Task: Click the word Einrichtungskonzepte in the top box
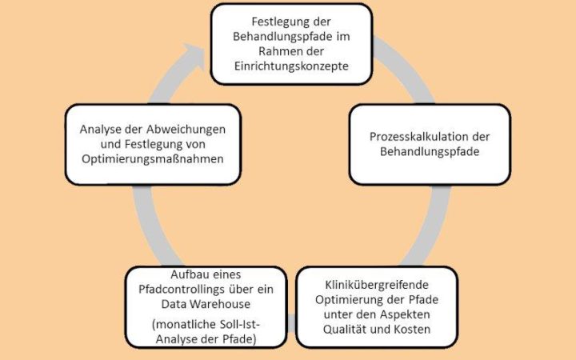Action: click(x=291, y=66)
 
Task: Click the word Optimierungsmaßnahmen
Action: click(x=153, y=159)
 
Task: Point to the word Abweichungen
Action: click(x=186, y=130)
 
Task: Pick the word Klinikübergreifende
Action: click(x=377, y=285)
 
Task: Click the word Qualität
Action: click(x=345, y=329)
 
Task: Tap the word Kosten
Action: click(x=412, y=329)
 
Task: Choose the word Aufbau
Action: click(x=187, y=274)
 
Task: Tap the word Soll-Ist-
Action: click(x=240, y=324)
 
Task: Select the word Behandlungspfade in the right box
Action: click(x=430, y=152)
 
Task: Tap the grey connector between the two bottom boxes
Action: click(x=291, y=323)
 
